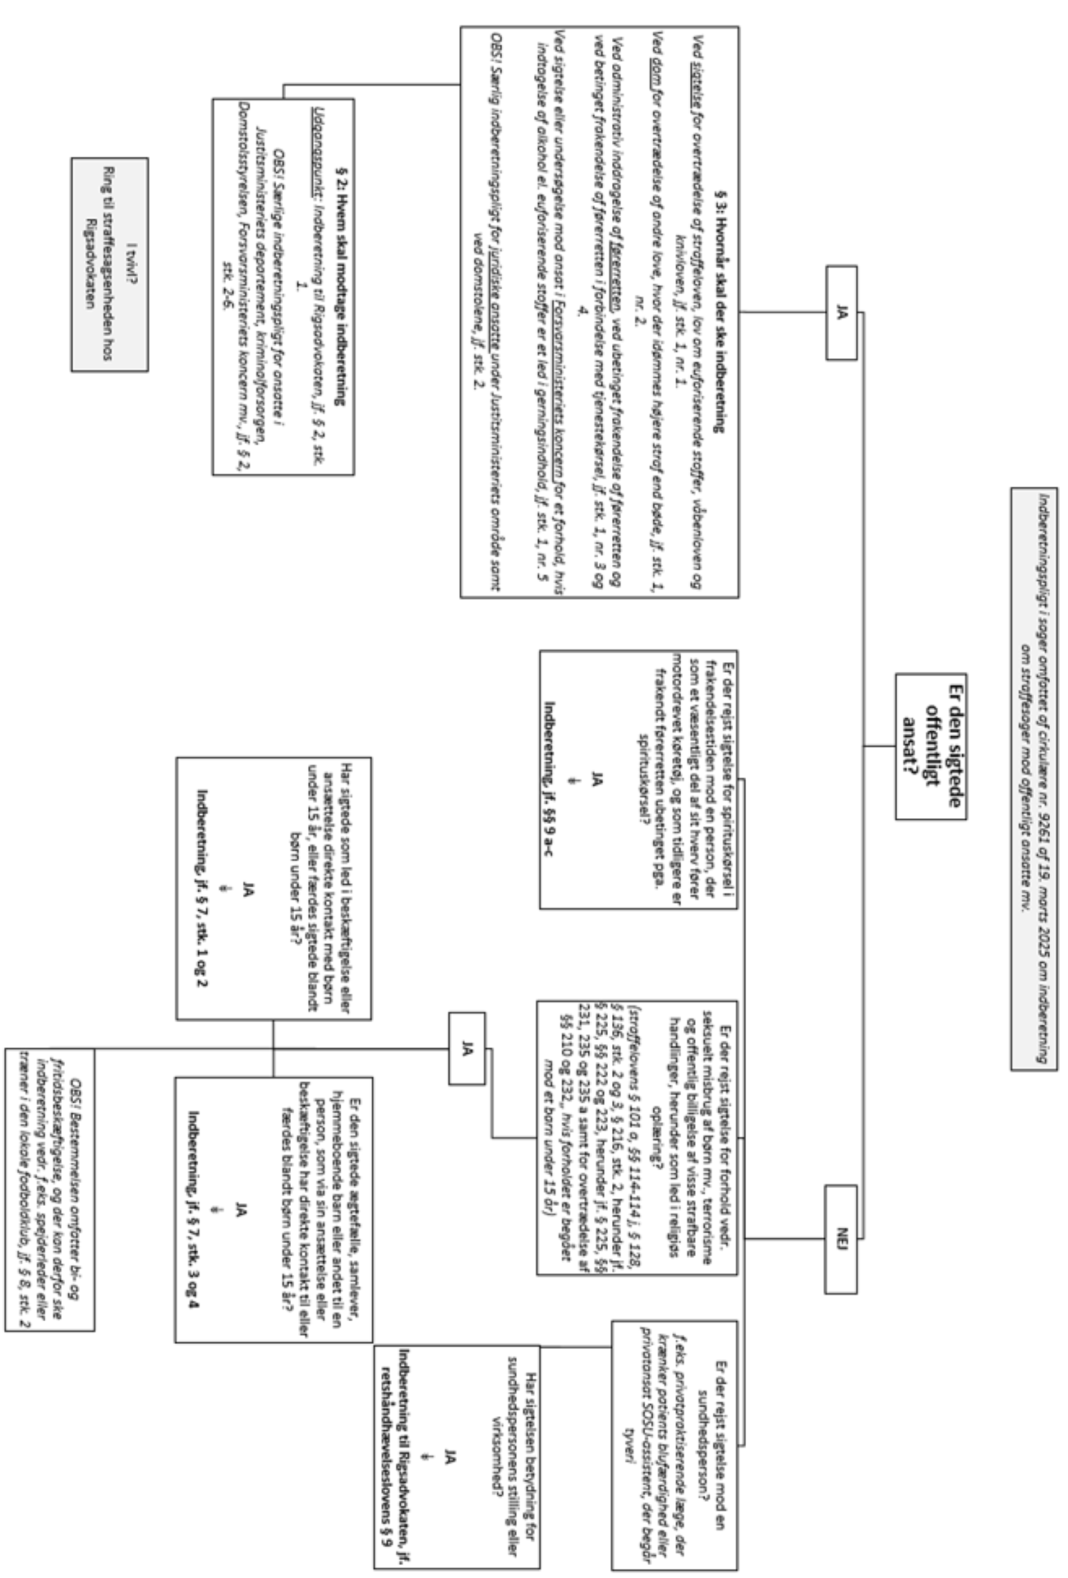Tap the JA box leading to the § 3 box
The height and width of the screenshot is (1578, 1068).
(x=840, y=313)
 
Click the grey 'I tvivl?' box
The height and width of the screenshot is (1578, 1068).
(x=109, y=265)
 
